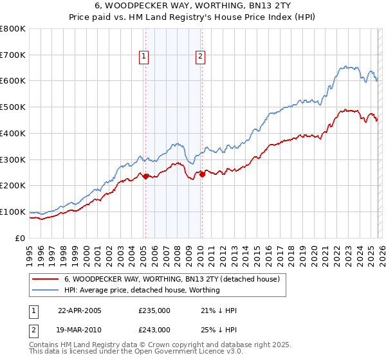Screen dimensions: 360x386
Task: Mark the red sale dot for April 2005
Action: [x=145, y=176]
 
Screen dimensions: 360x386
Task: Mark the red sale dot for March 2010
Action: [x=201, y=174]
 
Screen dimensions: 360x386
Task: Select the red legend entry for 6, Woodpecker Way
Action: [x=172, y=280]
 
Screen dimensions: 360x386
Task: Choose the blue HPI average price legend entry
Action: [x=142, y=291]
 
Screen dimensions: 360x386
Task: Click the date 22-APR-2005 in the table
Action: [x=80, y=310]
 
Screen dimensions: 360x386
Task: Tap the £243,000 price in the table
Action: [x=154, y=329]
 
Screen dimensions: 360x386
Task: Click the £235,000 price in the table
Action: [x=154, y=310]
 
